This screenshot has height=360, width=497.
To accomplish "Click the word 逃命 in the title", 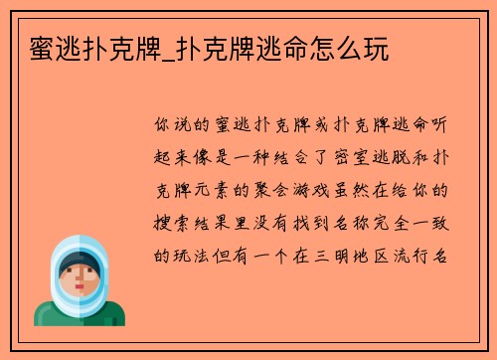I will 272,48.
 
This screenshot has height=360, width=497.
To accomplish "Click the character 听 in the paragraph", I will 446,126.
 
